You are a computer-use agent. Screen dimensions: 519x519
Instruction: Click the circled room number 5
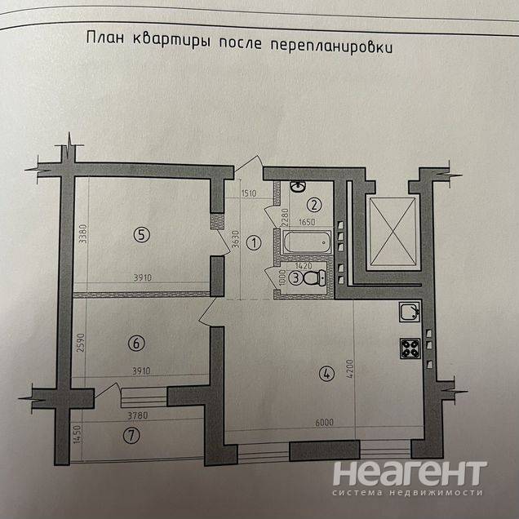[x=142, y=235]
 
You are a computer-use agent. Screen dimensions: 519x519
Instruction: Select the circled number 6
[x=136, y=344]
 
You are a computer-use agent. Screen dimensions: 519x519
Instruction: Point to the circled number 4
[x=326, y=375]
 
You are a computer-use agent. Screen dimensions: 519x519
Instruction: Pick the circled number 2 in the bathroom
[x=313, y=205]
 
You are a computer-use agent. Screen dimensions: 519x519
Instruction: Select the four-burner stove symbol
[x=410, y=349]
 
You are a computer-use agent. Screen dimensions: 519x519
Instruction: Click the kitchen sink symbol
[x=409, y=312]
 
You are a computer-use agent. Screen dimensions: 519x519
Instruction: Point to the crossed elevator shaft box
[x=393, y=233]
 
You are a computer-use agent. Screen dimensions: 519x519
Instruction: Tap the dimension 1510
[x=250, y=194]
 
